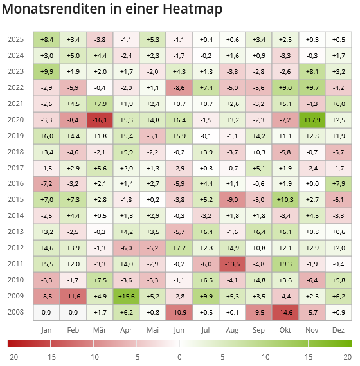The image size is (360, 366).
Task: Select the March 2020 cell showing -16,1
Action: (100, 120)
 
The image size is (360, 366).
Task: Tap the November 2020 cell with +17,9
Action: (312, 120)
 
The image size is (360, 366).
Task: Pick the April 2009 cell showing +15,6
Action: (126, 296)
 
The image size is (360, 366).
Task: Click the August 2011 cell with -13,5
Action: (232, 264)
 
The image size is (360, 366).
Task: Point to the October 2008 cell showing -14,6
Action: (285, 312)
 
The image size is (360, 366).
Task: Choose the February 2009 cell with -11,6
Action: (73, 296)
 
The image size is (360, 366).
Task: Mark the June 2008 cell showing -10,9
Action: (179, 312)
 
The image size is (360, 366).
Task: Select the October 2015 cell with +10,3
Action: (285, 200)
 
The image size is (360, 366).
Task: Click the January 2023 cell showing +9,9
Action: (46, 71)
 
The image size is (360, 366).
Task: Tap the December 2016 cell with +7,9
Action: (338, 184)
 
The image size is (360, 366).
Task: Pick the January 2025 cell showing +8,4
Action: (46, 39)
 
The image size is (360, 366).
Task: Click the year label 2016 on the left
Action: (16, 184)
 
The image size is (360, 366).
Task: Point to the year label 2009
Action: (16, 296)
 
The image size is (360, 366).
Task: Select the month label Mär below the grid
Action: (100, 330)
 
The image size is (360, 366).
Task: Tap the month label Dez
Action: (338, 330)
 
